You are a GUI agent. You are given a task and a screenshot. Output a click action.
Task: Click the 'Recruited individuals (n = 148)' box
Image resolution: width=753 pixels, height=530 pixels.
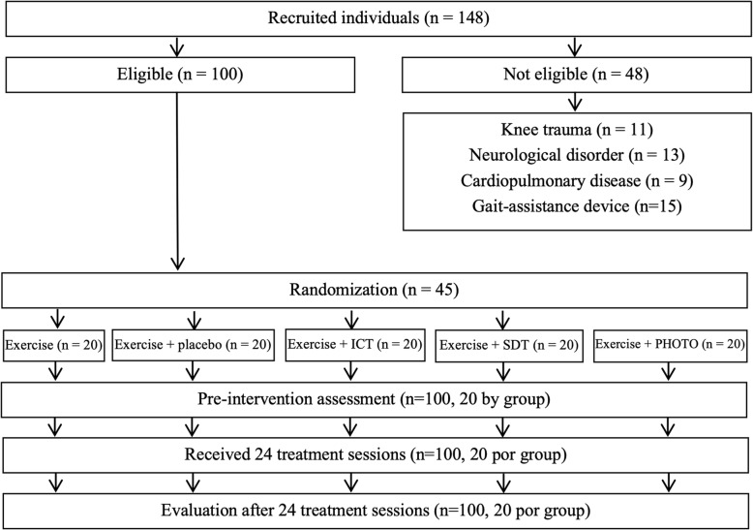[376, 18]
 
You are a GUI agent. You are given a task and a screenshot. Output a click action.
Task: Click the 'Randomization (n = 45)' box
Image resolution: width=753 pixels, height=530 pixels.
[376, 290]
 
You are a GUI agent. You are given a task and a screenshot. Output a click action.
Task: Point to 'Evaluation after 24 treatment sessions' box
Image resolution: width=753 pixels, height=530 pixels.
[376, 509]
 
